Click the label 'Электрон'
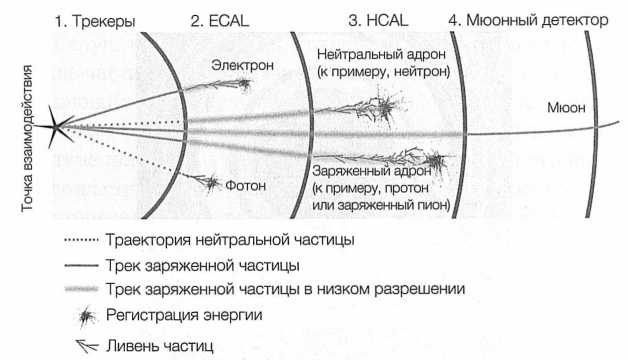tap(237, 64)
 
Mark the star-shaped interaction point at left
tap(57, 126)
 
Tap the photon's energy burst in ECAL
tap(210, 182)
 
